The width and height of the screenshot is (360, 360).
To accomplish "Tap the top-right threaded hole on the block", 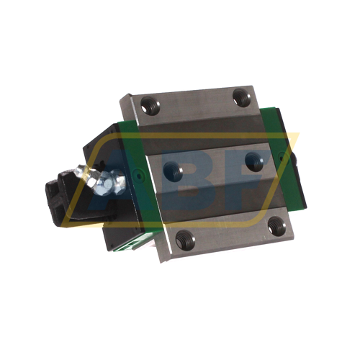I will pos(241,97).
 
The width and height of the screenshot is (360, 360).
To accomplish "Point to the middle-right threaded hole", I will pos(253,161).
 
